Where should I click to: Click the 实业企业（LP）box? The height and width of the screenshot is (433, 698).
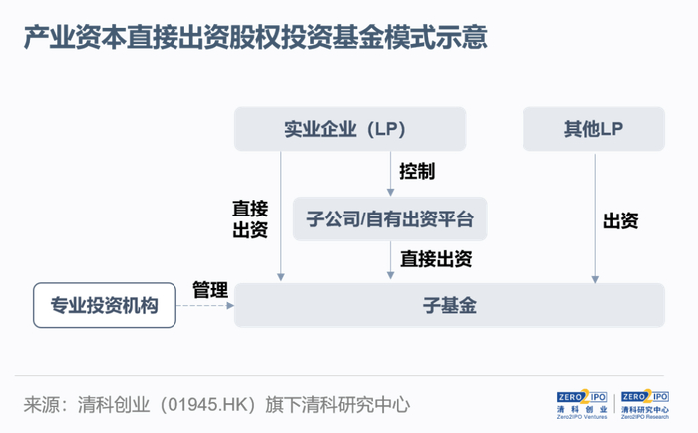click(350, 129)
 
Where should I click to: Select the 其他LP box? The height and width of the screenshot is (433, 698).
click(593, 129)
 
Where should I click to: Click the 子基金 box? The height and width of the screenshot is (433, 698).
click(449, 305)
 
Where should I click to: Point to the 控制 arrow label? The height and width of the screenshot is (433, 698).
click(416, 171)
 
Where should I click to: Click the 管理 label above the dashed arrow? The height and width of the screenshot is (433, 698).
click(210, 289)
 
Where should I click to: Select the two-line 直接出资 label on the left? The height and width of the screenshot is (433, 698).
click(250, 219)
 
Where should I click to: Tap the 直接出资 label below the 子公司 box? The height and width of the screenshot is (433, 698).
click(436, 259)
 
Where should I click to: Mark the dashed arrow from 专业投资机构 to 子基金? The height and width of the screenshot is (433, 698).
click(206, 306)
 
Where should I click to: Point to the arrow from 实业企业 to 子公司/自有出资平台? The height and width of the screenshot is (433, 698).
click(390, 173)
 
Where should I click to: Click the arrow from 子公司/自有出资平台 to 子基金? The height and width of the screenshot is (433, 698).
click(390, 261)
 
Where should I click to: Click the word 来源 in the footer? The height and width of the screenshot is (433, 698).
click(40, 405)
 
